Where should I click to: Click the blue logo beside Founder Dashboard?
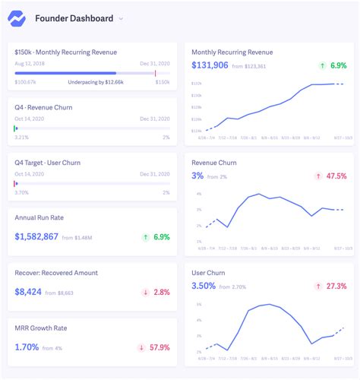click(17, 18)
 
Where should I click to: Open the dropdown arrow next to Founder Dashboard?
click(121, 18)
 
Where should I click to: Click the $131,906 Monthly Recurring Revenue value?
click(210, 65)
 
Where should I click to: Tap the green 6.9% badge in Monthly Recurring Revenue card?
click(333, 65)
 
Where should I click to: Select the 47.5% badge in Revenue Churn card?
click(331, 176)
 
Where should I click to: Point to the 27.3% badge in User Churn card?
click(331, 286)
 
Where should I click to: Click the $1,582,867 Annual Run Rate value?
click(36, 237)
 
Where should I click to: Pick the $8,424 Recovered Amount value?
click(27, 292)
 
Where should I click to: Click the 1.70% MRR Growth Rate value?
click(26, 347)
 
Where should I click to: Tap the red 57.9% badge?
click(154, 347)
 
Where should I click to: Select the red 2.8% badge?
click(156, 292)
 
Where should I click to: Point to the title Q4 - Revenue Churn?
click(43, 107)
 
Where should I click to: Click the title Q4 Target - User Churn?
click(47, 163)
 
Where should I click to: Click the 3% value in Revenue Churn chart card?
click(197, 176)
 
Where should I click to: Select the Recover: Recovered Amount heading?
click(56, 273)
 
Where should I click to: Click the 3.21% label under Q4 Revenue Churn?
click(21, 138)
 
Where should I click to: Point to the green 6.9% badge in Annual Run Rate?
click(156, 237)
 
